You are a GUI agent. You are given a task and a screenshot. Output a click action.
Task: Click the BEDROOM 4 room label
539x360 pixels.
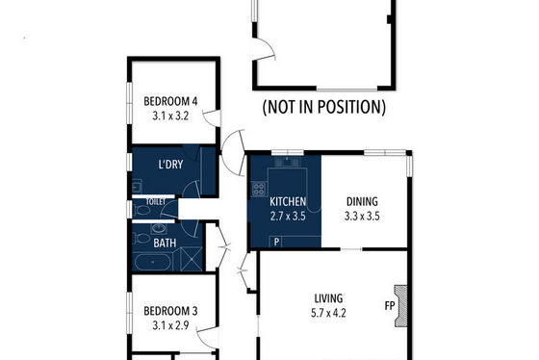point(170,101)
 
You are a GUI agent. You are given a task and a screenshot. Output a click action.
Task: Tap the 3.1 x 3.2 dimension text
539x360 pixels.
point(170,116)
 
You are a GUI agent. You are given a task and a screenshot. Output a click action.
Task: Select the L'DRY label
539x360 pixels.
point(170,165)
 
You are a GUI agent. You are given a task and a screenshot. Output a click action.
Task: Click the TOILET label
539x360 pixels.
point(156,202)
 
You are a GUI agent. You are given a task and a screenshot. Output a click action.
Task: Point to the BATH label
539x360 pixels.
point(165,244)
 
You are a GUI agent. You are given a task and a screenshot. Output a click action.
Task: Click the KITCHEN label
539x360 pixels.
point(288,201)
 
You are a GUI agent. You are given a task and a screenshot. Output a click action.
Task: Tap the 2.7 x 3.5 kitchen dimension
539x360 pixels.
point(288,217)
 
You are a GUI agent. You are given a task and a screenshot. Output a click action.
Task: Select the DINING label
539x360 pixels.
point(362,201)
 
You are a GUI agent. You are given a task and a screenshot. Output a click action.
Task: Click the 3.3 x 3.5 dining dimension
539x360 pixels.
point(362,217)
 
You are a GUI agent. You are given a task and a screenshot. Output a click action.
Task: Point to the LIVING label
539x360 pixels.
point(328,298)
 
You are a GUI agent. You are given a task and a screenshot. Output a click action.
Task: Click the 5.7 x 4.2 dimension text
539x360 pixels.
point(328,313)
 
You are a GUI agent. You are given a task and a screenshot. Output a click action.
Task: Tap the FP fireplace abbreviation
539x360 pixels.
point(390,305)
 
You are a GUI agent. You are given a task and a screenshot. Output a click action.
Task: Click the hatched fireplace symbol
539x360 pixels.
point(401,306)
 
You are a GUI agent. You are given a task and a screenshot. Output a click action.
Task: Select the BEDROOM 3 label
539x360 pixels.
point(170,311)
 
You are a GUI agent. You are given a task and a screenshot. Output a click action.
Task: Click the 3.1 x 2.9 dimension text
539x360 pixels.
point(170,325)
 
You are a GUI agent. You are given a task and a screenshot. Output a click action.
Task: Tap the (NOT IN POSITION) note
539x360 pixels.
point(323,107)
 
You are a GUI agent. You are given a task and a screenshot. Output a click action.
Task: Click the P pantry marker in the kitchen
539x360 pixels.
point(276,243)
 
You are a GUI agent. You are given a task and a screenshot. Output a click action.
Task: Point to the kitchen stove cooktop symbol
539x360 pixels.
point(259,189)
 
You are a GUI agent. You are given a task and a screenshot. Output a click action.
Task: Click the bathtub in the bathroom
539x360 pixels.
point(153,262)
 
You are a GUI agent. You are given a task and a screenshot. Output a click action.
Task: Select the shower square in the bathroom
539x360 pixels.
point(191,259)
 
